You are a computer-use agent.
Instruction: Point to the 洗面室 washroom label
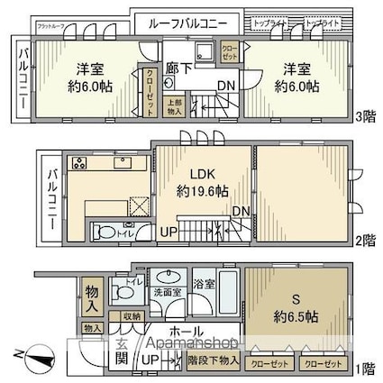(164, 294)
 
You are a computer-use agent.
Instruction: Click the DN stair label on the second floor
(241, 211)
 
